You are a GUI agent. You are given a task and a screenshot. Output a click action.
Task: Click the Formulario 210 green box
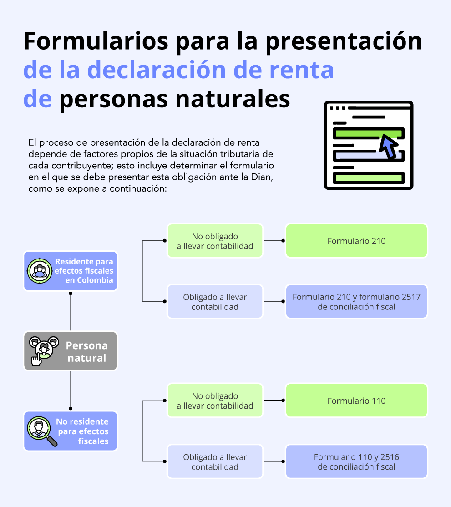pyautogui.click(x=356, y=241)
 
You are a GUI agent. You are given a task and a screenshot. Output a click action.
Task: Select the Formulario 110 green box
pyautogui.click(x=356, y=401)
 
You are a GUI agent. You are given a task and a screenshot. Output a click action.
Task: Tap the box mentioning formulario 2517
pyautogui.click(x=356, y=301)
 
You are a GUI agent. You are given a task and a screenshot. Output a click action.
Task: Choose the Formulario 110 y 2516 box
pyautogui.click(x=356, y=461)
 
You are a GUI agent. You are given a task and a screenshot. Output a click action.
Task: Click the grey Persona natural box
pyautogui.click(x=71, y=351)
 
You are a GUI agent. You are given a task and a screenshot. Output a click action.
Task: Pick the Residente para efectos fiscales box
pyautogui.click(x=71, y=271)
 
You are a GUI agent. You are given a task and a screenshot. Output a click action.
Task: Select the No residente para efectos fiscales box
pyautogui.click(x=71, y=431)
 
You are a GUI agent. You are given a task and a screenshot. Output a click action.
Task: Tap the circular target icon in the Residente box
pyautogui.click(x=40, y=271)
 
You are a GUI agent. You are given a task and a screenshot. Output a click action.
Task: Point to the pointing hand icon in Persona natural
pyautogui.click(x=36, y=360)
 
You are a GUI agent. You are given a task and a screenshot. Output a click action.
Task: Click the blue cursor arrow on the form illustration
pyautogui.click(x=388, y=147)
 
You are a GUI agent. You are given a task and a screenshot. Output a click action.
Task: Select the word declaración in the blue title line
pyautogui.click(x=157, y=70)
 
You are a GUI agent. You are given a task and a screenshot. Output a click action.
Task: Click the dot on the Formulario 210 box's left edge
pyautogui.click(x=283, y=241)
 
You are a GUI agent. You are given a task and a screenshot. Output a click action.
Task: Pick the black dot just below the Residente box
pyautogui.click(x=71, y=293)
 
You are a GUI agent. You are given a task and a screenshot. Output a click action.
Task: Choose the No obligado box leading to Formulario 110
pyautogui.click(x=215, y=401)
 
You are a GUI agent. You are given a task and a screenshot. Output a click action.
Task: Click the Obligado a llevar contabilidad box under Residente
pyautogui.click(x=215, y=301)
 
